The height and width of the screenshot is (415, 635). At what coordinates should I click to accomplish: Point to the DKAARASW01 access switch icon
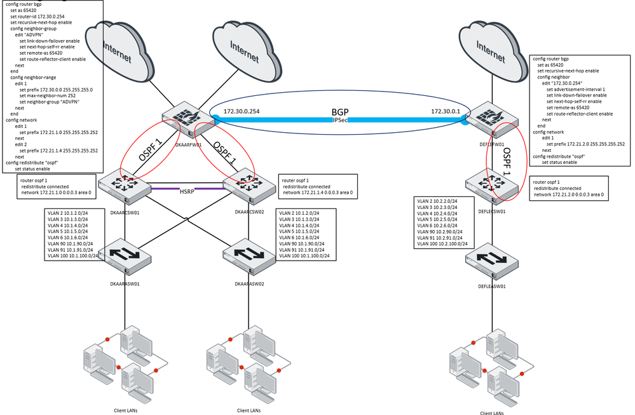pyautogui.click(x=128, y=255)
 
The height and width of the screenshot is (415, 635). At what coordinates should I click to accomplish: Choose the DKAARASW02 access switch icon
pyautogui.click(x=245, y=257)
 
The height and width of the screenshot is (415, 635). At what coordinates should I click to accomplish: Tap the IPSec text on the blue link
pyautogui.click(x=340, y=119)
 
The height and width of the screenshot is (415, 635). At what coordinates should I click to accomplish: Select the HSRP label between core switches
pyautogui.click(x=187, y=193)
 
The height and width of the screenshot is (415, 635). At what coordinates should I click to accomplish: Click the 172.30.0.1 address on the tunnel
pyautogui.click(x=444, y=111)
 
